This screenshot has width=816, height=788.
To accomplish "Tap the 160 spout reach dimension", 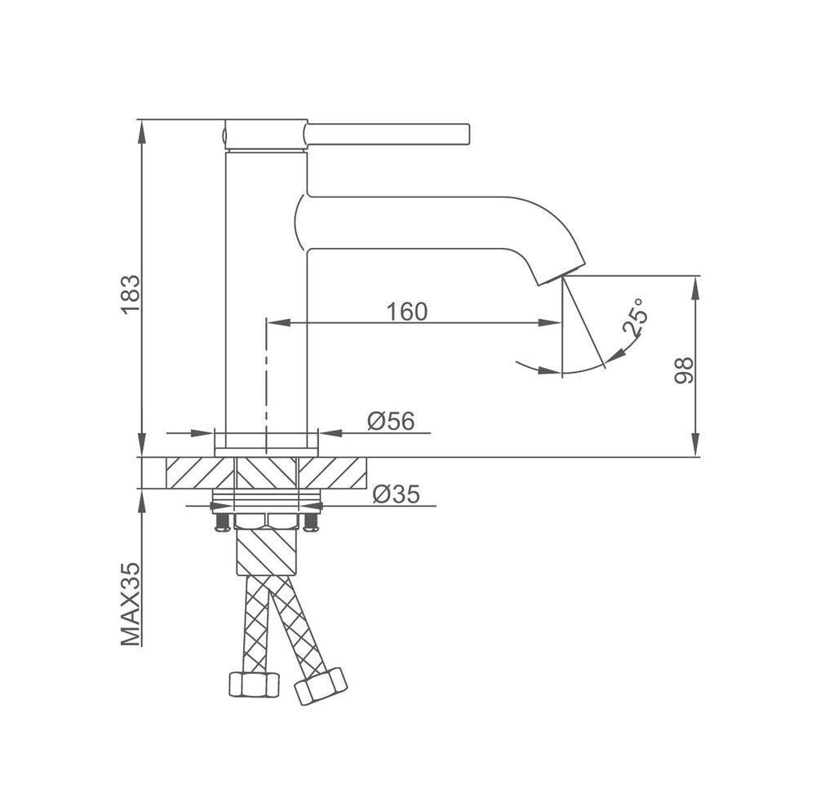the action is point(407,312).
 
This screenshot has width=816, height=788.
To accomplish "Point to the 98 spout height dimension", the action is point(685,370).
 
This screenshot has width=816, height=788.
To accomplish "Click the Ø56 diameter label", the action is point(392,421).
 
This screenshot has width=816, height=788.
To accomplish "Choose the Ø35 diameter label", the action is point(396,494).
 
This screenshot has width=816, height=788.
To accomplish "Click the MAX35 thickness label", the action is point(131,604).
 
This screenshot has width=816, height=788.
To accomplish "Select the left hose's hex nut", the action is point(254,684).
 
